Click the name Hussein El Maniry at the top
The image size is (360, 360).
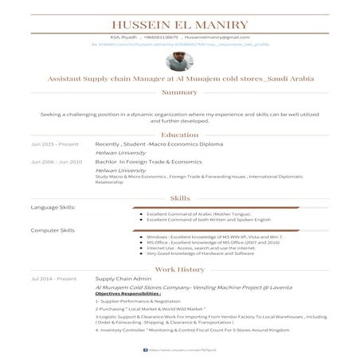pyautogui.click(x=180, y=25)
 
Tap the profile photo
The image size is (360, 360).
pyautogui.click(x=180, y=62)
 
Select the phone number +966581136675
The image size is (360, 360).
pyautogui.click(x=156, y=37)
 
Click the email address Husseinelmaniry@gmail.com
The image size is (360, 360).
pyautogui.click(x=217, y=37)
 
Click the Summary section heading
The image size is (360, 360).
pyautogui.click(x=180, y=92)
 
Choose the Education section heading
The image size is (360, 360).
pyautogui.click(x=180, y=135)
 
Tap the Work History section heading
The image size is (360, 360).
pyautogui.click(x=180, y=269)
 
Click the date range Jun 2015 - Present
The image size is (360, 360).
pyautogui.click(x=55, y=144)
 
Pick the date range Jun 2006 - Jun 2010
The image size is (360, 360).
pyautogui.click(x=57, y=162)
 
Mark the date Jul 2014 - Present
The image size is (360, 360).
pyautogui.click(x=53, y=279)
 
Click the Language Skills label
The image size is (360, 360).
pyautogui.click(x=53, y=207)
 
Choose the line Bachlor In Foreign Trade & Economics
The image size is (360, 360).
pyautogui.click(x=148, y=162)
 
